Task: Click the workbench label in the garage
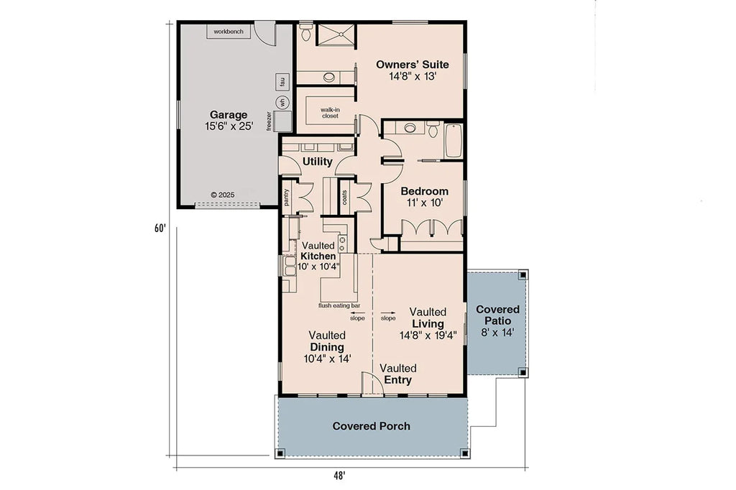(229, 32)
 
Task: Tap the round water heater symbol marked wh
(282, 102)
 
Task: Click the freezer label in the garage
(270, 120)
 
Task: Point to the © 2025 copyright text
(223, 195)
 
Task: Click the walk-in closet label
(330, 112)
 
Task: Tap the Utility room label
(317, 162)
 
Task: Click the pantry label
(287, 198)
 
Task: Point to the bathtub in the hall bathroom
(454, 141)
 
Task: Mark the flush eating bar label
(339, 305)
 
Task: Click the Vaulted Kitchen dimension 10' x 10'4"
(318, 267)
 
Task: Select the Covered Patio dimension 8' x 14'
(497, 333)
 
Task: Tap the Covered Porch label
(371, 426)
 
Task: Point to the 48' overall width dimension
(339, 475)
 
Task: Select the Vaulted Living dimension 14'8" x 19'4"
(428, 335)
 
